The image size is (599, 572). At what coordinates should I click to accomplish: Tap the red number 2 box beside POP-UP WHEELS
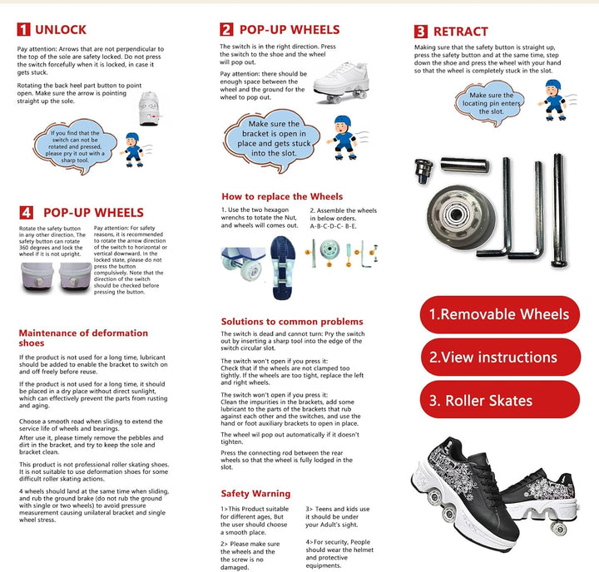tap(226, 29)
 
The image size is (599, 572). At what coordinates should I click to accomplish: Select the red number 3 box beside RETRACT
tap(421, 32)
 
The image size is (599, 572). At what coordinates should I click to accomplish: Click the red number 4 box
tap(27, 212)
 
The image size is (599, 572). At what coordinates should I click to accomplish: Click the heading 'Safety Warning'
tap(256, 493)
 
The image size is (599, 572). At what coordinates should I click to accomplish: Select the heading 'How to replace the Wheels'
tap(282, 196)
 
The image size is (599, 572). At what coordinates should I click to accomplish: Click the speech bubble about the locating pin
tap(485, 102)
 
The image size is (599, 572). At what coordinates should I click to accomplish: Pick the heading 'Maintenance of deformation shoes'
tap(83, 338)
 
